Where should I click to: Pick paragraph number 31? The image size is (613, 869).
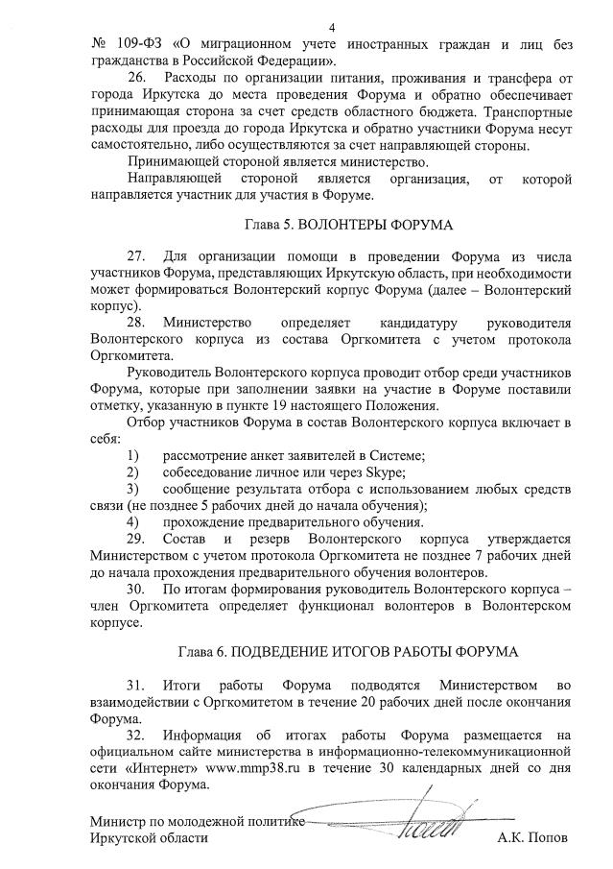click(136, 686)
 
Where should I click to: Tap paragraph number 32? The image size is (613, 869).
click(136, 735)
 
